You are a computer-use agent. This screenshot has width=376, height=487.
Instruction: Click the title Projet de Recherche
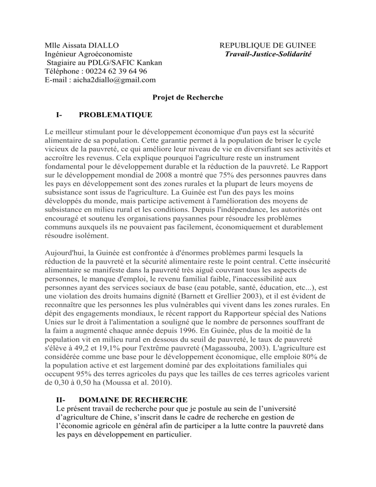(188, 97)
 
